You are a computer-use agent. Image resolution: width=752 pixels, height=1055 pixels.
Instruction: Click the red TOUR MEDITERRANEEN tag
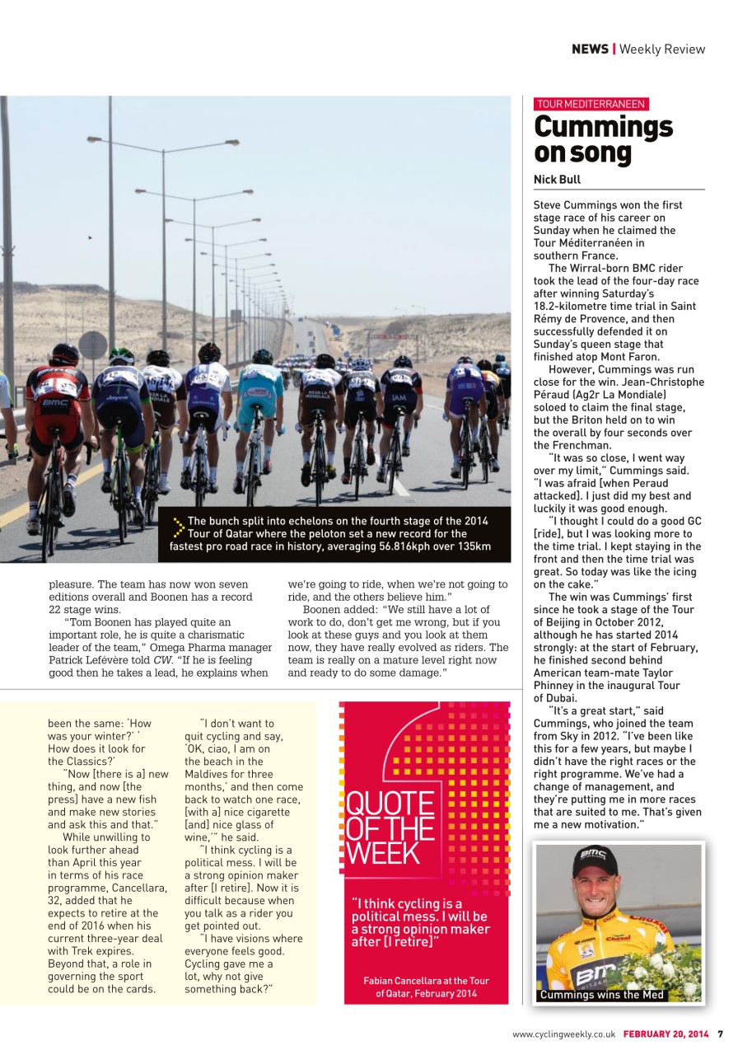point(591,104)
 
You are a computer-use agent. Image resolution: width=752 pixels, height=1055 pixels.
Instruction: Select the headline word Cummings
point(603,127)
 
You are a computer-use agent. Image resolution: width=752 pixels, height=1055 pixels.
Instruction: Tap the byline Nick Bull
point(558,179)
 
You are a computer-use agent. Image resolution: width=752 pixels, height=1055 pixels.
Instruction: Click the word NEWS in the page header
point(590,49)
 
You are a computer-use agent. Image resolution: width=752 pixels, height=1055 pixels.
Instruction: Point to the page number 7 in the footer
point(720,1034)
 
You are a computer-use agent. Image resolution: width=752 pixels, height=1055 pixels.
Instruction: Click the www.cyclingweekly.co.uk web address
point(564,1034)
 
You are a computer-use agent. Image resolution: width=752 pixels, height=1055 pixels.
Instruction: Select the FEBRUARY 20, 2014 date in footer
point(666,1034)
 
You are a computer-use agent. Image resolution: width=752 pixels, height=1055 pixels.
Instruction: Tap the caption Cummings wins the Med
point(600,995)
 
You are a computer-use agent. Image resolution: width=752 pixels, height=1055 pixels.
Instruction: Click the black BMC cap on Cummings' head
point(596,860)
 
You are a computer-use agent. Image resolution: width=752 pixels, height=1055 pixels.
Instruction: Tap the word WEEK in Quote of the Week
point(382,852)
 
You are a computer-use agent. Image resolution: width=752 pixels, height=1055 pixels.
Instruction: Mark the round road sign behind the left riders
point(93,345)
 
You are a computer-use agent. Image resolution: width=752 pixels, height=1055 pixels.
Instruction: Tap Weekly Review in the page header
point(662,49)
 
